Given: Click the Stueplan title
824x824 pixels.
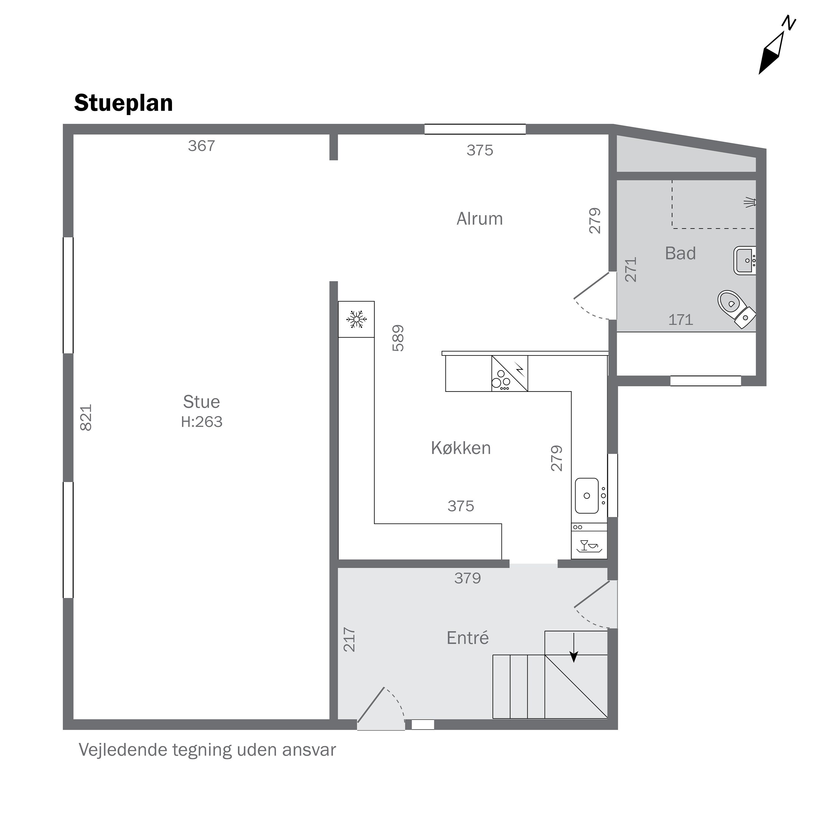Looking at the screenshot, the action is [123, 104].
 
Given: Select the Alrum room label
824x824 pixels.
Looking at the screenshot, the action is [480, 219].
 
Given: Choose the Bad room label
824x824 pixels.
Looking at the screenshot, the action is [681, 253].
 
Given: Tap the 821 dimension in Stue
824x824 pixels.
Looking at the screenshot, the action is [86, 417].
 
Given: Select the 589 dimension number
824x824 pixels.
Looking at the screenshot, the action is [398, 338].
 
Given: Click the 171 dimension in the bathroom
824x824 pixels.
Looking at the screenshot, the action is [681, 320].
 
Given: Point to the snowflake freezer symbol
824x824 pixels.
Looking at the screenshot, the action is [357, 319].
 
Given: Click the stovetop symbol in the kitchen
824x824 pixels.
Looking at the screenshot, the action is [510, 374].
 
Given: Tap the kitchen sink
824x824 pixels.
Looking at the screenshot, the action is [590, 495].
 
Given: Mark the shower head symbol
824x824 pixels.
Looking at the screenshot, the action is [750, 203].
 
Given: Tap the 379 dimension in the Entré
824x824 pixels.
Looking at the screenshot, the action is [468, 578].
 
